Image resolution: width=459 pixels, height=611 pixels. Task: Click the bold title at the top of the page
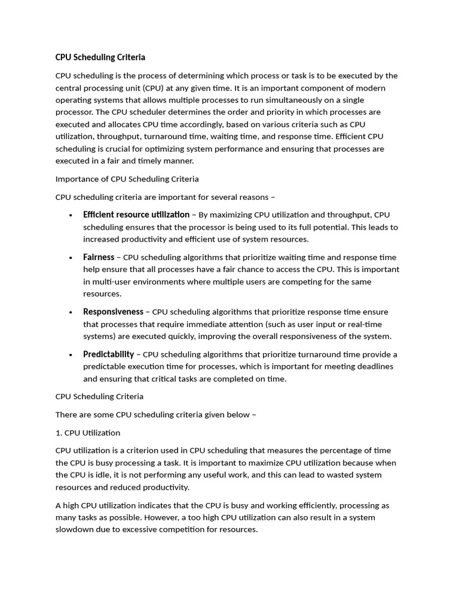(100, 57)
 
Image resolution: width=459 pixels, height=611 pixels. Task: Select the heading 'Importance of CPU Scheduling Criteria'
(127, 179)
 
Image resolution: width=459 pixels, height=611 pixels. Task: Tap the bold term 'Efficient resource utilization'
(136, 214)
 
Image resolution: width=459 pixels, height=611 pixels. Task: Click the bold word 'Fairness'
(99, 257)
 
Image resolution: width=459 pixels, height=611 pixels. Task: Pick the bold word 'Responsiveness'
(113, 311)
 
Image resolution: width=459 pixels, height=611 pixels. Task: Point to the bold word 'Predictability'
(108, 354)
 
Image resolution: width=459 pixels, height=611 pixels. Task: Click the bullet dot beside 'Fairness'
(71, 258)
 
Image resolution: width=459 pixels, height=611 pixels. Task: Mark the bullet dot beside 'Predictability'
(71, 355)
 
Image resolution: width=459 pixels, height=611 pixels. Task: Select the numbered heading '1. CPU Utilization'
(88, 433)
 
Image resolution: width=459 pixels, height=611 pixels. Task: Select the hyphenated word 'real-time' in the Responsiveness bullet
(363, 324)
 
